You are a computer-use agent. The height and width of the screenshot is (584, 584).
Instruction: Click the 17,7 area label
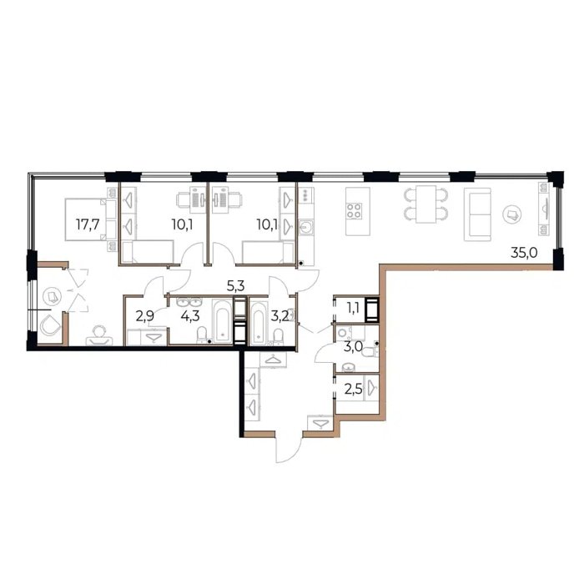(x=88, y=224)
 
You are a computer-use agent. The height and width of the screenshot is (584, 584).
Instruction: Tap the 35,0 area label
(x=524, y=254)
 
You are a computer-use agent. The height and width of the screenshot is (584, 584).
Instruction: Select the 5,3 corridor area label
(x=235, y=285)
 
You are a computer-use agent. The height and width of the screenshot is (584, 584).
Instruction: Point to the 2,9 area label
(x=145, y=316)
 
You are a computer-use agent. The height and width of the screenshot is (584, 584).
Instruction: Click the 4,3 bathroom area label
(x=190, y=316)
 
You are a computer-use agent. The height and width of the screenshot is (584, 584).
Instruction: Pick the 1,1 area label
(x=354, y=308)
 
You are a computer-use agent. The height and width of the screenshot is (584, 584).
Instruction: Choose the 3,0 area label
(x=354, y=347)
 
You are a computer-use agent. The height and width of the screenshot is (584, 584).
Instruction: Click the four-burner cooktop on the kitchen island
(x=354, y=211)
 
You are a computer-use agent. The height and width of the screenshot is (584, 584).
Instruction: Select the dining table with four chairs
(x=426, y=204)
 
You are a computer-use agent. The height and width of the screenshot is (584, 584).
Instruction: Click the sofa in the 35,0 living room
(x=477, y=214)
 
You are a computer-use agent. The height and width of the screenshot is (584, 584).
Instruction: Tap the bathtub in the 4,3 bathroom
(x=222, y=320)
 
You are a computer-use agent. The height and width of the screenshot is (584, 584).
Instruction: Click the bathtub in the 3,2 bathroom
(x=259, y=322)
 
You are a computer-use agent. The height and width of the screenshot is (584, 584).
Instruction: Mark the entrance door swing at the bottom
(x=289, y=449)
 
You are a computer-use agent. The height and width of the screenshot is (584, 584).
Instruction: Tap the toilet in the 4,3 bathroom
(x=202, y=334)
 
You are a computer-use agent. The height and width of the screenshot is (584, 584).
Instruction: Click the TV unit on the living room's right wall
(x=544, y=209)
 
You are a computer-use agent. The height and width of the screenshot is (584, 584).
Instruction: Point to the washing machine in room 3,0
(x=343, y=333)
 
